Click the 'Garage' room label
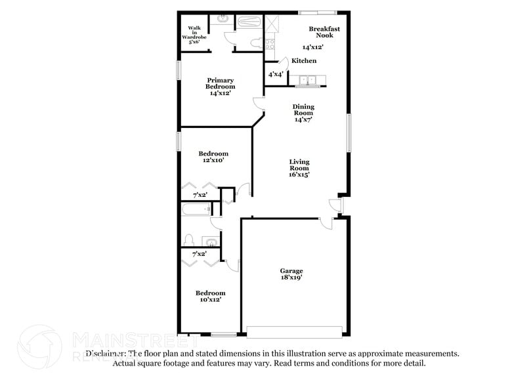click(291, 270)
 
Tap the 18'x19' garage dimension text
click(291, 278)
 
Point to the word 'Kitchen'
click(304, 61)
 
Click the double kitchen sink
click(308, 81)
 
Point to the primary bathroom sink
click(223, 19)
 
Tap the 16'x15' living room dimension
click(300, 175)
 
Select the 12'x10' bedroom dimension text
click(213, 160)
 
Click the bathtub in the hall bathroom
click(196, 211)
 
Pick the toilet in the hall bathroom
click(188, 240)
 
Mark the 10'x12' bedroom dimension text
click(211, 299)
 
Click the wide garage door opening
click(295, 331)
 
